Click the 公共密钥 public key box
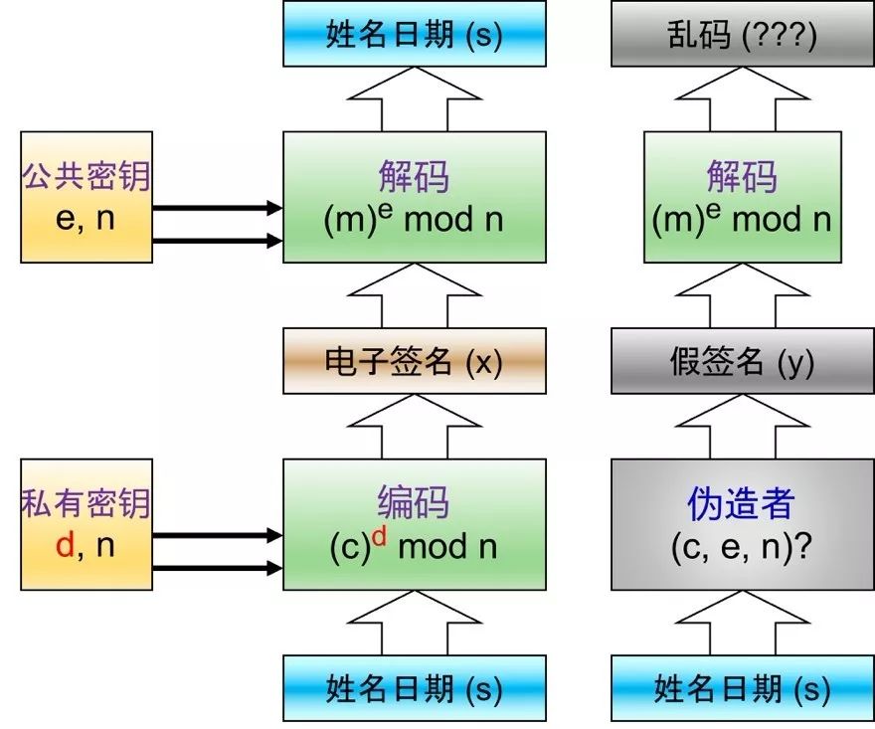[x=87, y=197]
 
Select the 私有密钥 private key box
[x=87, y=525]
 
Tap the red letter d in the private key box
[x=65, y=545]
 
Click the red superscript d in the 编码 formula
[x=380, y=536]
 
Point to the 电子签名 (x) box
[x=414, y=361]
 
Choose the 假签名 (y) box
[x=743, y=361]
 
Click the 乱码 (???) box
[x=743, y=34]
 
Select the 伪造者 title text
[x=741, y=503]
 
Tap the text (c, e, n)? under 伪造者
[x=741, y=548]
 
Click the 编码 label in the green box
[x=414, y=501]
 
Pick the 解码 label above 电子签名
[x=414, y=176]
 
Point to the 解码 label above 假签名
[x=742, y=176]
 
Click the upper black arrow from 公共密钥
[x=218, y=208]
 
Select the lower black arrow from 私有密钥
[x=218, y=568]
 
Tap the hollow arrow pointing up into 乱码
[x=743, y=99]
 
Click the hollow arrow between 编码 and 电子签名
[x=414, y=427]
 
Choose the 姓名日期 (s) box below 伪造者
[x=743, y=688]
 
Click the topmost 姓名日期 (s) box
[x=414, y=34]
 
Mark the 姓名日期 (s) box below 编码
[x=414, y=688]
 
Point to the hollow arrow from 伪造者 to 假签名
[x=743, y=427]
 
